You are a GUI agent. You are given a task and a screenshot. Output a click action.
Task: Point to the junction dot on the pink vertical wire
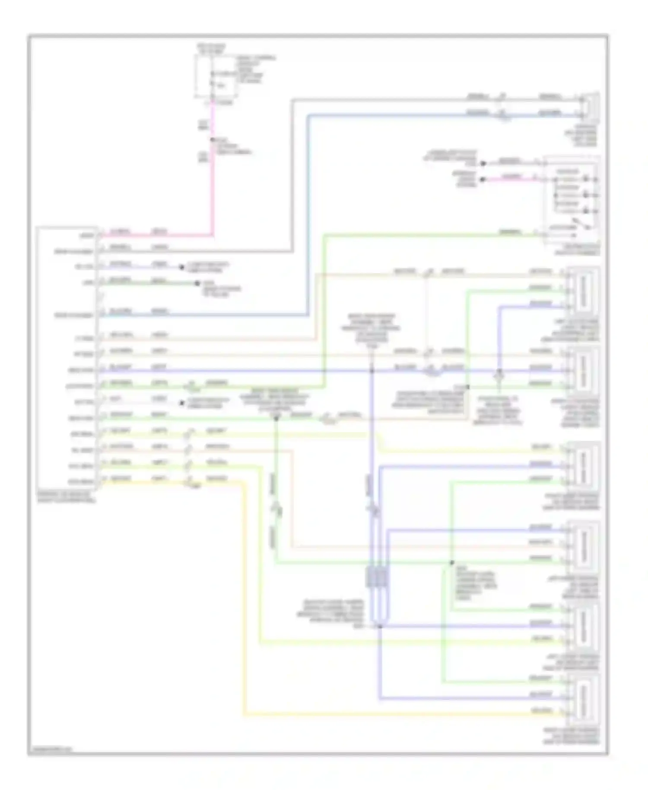click(212, 140)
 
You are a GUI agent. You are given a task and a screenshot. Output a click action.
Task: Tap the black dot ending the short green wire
click(197, 284)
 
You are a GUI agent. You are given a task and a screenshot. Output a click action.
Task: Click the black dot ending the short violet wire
click(182, 268)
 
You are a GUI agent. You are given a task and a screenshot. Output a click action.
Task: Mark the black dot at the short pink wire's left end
click(483, 179)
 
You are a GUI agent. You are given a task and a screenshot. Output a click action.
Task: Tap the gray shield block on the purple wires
click(377, 577)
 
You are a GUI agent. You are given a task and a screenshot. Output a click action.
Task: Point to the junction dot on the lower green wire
click(452, 563)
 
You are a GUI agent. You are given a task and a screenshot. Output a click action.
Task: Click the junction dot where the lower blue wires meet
click(380, 626)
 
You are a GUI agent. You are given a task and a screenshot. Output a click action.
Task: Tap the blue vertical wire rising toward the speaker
click(308, 216)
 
